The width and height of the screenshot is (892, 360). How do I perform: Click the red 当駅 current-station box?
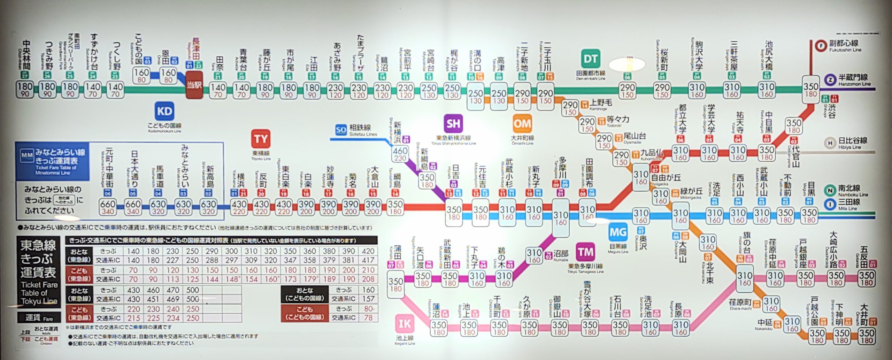[194, 85]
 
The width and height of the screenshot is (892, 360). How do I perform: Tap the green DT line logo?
[590, 59]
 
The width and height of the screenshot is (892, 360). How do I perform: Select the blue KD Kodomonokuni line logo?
[164, 111]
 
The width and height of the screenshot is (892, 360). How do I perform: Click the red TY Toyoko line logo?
[261, 139]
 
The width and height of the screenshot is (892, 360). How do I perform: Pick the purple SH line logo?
[453, 124]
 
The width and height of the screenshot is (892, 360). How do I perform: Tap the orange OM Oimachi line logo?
[522, 124]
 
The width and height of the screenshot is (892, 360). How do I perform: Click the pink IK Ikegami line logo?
[405, 324]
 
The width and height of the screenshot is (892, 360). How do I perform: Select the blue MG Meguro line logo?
[618, 232]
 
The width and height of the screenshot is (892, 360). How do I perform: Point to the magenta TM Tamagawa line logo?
[585, 252]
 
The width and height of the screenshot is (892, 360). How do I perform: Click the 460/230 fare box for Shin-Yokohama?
[400, 154]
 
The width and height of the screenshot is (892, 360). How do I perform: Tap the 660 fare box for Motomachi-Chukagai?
[108, 207]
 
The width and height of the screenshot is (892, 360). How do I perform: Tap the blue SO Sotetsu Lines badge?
[340, 130]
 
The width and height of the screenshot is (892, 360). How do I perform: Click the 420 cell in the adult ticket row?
[368, 251]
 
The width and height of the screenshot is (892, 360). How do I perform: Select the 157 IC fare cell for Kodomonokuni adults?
[368, 299]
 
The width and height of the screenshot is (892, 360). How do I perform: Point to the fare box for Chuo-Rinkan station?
[25, 90]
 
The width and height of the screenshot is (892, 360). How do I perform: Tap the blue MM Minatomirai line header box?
[52, 161]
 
